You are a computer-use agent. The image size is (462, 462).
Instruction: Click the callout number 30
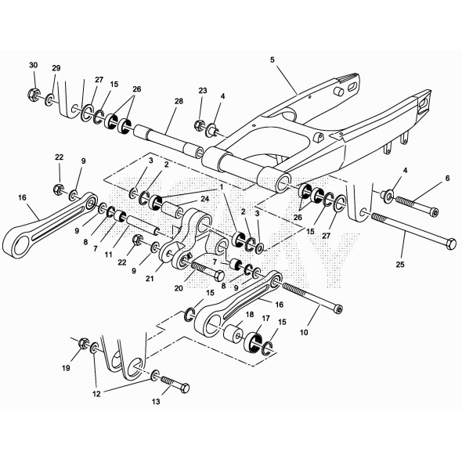click(33, 64)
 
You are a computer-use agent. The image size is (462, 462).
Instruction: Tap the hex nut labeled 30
click(34, 96)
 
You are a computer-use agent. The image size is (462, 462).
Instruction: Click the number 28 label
click(179, 103)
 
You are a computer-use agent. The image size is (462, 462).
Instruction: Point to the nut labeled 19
click(83, 342)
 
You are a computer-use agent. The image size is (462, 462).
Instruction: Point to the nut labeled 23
click(200, 125)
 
